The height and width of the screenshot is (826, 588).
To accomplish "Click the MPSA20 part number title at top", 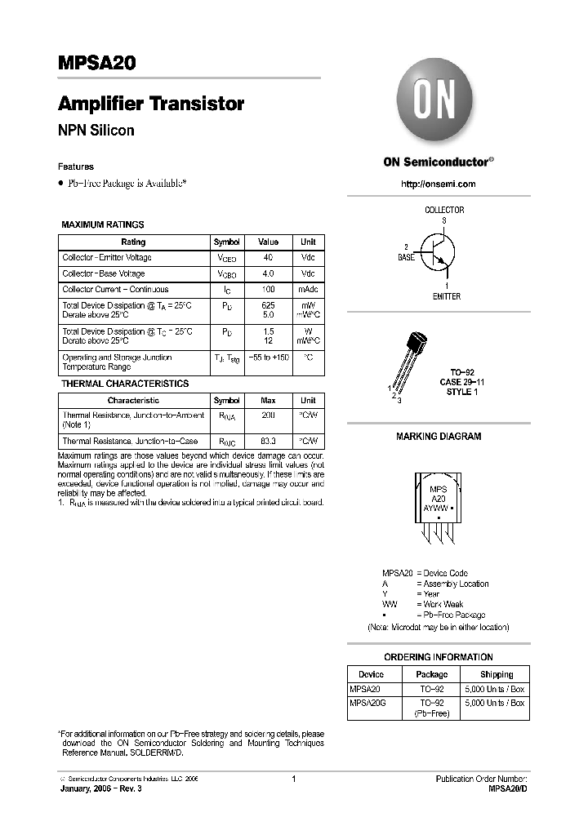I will tap(96, 63).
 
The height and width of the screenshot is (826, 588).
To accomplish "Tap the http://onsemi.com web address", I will tap(438, 184).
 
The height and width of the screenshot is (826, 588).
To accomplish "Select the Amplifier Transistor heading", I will tap(151, 104).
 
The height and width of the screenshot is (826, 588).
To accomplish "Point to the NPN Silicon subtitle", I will tap(96, 130).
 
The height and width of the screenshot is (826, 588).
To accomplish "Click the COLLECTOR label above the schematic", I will tap(444, 210).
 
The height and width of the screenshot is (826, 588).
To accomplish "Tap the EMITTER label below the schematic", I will tap(446, 296).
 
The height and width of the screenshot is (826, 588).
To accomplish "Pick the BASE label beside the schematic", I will tap(406, 257).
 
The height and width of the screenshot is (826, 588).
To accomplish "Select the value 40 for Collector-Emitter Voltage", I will tap(268, 258).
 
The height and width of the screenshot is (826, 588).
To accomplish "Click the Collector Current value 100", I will tap(268, 290).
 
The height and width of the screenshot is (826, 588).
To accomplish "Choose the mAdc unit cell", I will tap(308, 290).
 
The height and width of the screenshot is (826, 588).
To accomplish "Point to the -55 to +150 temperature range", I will tap(268, 357).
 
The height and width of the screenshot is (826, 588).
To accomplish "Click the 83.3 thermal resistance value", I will tap(268, 441).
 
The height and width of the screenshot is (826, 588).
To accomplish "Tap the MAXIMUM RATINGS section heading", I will tap(103, 224).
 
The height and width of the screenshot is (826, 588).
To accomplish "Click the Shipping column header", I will tap(496, 674).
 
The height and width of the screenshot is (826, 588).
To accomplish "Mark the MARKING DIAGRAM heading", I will tap(439, 437).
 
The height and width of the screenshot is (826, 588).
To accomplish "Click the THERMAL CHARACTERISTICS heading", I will tap(125, 384).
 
